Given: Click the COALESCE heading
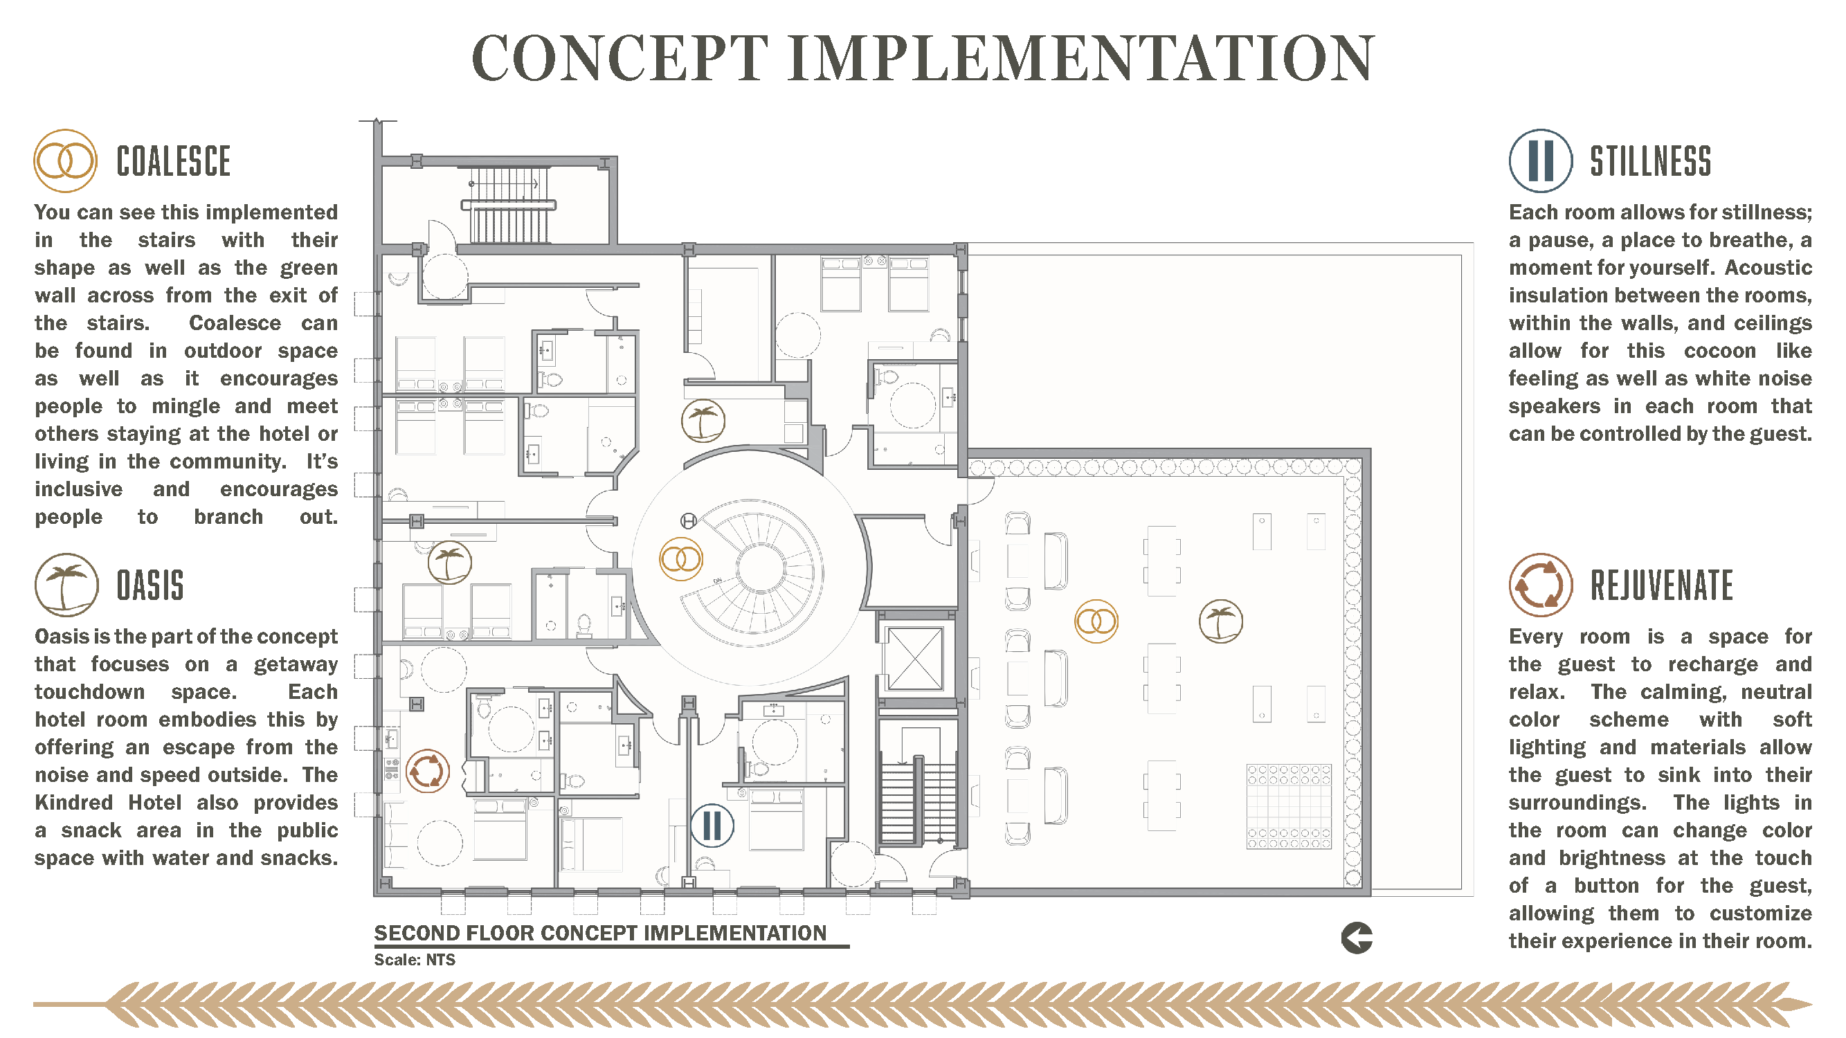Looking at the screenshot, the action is point(174,161).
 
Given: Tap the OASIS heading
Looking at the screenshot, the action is point(150,585).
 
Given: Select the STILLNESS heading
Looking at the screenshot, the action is point(1650,161).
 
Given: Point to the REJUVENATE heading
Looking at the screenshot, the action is point(1662,585).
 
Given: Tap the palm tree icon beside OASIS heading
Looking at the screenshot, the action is point(66,585).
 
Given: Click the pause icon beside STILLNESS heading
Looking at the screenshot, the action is point(1541,161).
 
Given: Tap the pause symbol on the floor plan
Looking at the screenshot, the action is point(712,826).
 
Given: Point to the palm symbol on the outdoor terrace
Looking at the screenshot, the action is point(1221,621).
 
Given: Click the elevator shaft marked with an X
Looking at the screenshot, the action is point(914,659).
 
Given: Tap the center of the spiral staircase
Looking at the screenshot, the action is point(762,568).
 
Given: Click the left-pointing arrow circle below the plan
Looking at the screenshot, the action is point(1357,938).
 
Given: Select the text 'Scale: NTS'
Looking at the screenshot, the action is point(415,960).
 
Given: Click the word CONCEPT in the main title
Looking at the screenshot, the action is point(621,59).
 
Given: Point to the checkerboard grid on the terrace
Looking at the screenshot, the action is point(1290,807).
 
